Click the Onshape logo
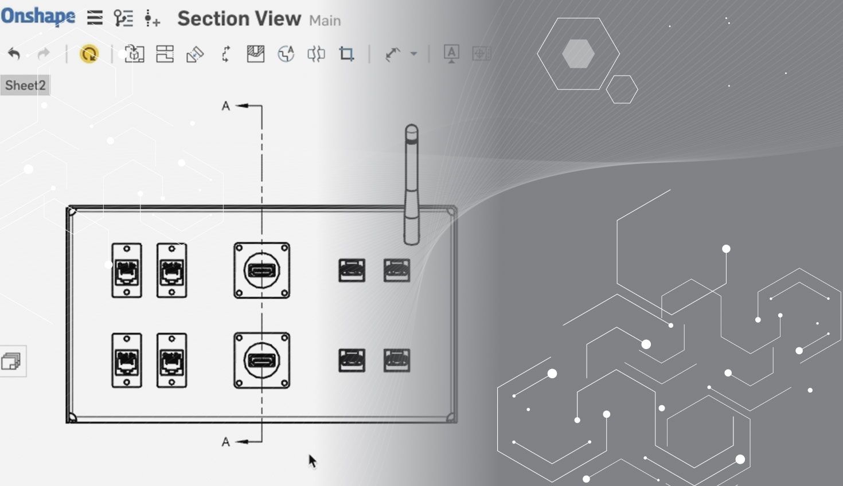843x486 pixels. pos(38,17)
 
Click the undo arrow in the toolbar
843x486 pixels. pos(14,54)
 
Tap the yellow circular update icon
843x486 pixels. pos(89,54)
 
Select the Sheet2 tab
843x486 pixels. pos(25,85)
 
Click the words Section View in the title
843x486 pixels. pos(239,19)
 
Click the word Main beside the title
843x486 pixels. pos(325,21)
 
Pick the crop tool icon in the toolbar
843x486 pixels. pos(346,54)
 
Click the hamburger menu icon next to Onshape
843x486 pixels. pos(95,18)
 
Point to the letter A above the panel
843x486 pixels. pos(226,106)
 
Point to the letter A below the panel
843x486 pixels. pos(226,442)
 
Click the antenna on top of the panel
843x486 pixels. pos(411,183)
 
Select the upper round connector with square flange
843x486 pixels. pos(262,271)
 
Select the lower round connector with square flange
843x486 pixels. pos(262,360)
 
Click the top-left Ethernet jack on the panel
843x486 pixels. pos(126,271)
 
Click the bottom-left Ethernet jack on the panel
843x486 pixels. pos(126,360)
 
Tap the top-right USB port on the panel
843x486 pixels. pos(397,271)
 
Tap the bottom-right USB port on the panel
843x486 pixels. pos(397,360)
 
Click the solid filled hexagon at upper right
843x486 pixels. pos(578,54)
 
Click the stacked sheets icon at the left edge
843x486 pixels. pos(11,362)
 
